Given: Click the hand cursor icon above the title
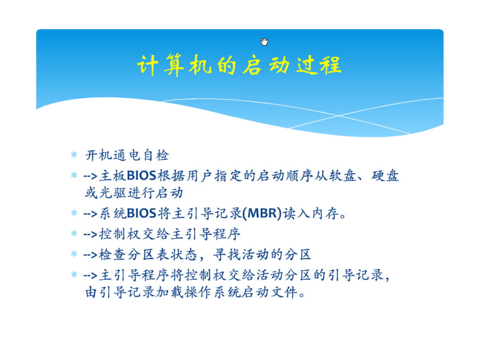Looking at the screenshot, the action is coord(264,42).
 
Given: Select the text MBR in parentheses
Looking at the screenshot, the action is coord(262,213).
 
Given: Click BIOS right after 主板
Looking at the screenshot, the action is coord(141,176).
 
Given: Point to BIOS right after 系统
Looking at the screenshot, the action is coord(141,213).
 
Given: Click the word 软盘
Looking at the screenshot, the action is coord(343,176).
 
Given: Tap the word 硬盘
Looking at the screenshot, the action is coord(385,176).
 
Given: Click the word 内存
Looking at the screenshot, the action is coord(325,213).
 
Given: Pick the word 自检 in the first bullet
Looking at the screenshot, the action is coord(156,155).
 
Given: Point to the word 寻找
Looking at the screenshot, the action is coord(227,255).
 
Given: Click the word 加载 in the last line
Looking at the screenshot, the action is coord(170,292).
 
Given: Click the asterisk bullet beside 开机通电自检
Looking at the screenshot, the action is coord(74,155).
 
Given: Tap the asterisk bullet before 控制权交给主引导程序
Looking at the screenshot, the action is coord(74,234).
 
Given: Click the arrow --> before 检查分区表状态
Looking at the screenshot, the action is coord(90,255).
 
